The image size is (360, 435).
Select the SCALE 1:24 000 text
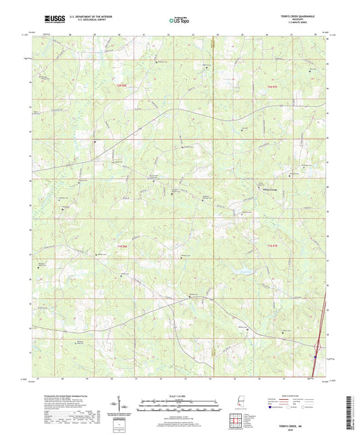pyautogui.click(x=179, y=395)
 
